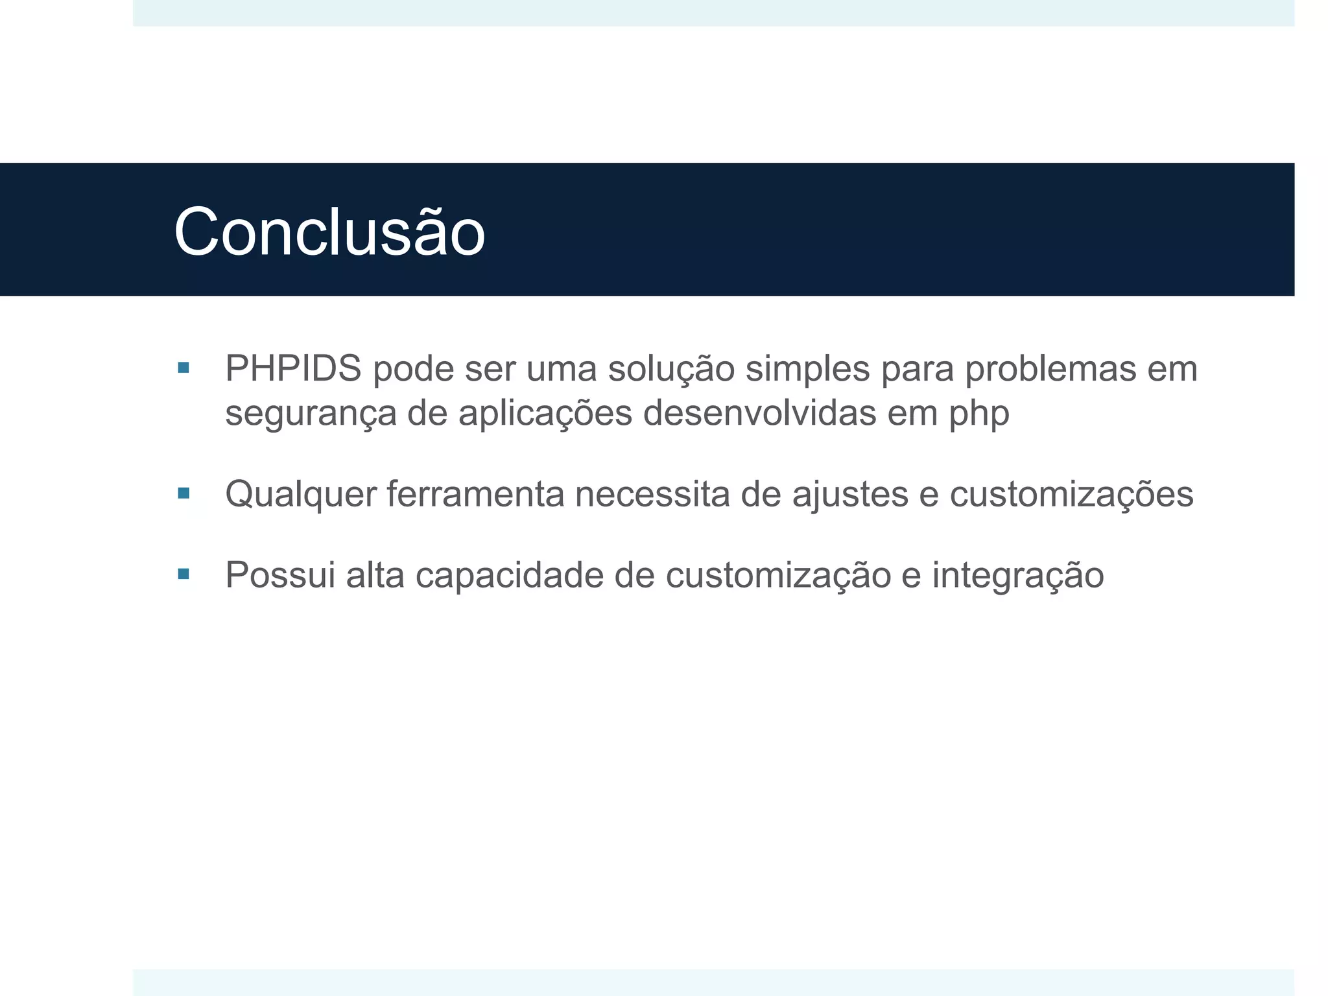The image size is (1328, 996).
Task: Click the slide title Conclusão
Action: click(x=329, y=232)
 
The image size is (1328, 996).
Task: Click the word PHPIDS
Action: click(x=293, y=368)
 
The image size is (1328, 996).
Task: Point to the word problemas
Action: click(x=1050, y=368)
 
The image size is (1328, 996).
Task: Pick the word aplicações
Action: click(x=545, y=414)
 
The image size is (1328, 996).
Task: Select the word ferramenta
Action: click(x=476, y=494)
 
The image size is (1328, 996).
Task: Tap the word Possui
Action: click(x=280, y=575)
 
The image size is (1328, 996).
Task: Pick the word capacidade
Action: click(x=510, y=576)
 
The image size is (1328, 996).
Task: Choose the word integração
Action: click(x=1018, y=576)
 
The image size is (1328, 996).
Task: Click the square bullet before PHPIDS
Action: click(x=184, y=368)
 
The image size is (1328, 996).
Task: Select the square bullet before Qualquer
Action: click(x=184, y=493)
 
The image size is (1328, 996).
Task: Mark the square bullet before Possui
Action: click(x=184, y=574)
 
